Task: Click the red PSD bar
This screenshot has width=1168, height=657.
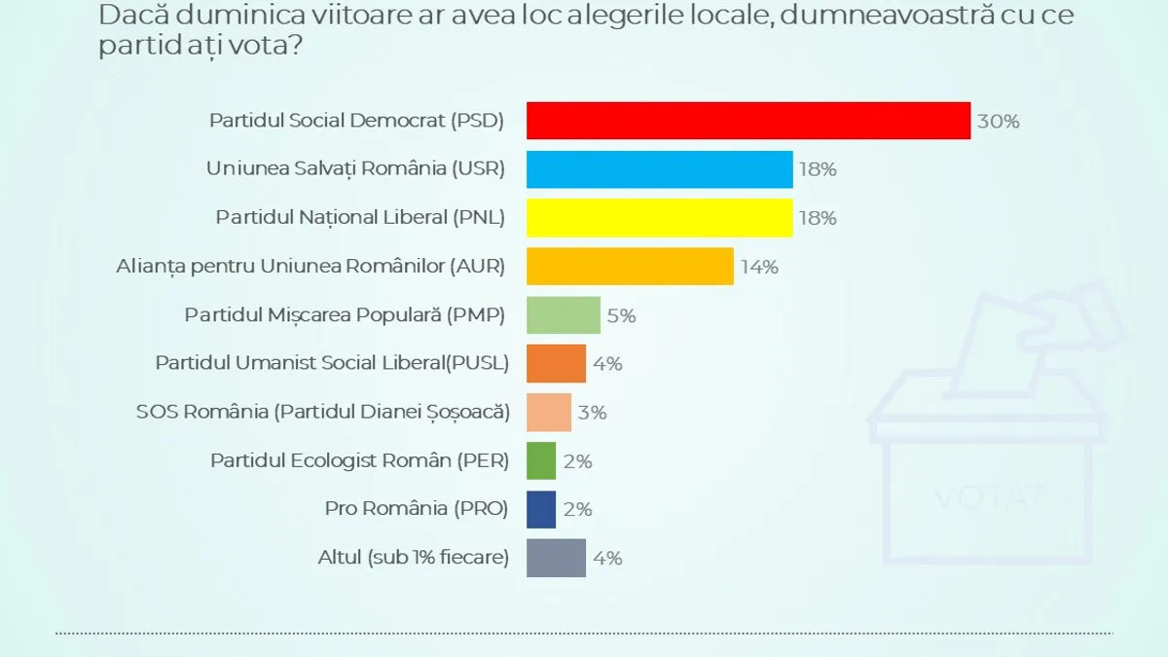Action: [x=748, y=121]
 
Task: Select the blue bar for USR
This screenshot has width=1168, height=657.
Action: [x=659, y=169]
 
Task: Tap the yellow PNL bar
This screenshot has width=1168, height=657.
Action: [x=659, y=218]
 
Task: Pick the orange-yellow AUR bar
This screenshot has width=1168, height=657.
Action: [x=630, y=266]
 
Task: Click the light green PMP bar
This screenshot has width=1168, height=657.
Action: [x=564, y=314]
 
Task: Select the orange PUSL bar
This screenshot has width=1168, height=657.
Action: [x=556, y=363]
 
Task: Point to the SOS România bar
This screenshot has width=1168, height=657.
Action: [x=549, y=412]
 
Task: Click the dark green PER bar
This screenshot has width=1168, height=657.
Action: [x=541, y=460]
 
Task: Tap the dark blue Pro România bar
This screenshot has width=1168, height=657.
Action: [x=541, y=509]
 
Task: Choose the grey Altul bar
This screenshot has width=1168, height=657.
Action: [x=556, y=558]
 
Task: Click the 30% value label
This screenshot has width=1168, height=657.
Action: [x=998, y=122]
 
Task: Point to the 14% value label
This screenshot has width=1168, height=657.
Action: [x=759, y=267]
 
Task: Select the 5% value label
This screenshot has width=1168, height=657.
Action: [x=621, y=315]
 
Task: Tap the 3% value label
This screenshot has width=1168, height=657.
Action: [x=592, y=413]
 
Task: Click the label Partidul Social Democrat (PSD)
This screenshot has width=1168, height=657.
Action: [x=357, y=121]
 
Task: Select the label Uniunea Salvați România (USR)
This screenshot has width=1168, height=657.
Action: [x=355, y=169]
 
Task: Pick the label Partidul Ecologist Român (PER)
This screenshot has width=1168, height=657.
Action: [x=359, y=460]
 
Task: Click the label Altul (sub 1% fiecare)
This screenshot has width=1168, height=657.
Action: [x=413, y=558]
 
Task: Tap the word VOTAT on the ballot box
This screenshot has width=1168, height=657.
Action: [x=989, y=498]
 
